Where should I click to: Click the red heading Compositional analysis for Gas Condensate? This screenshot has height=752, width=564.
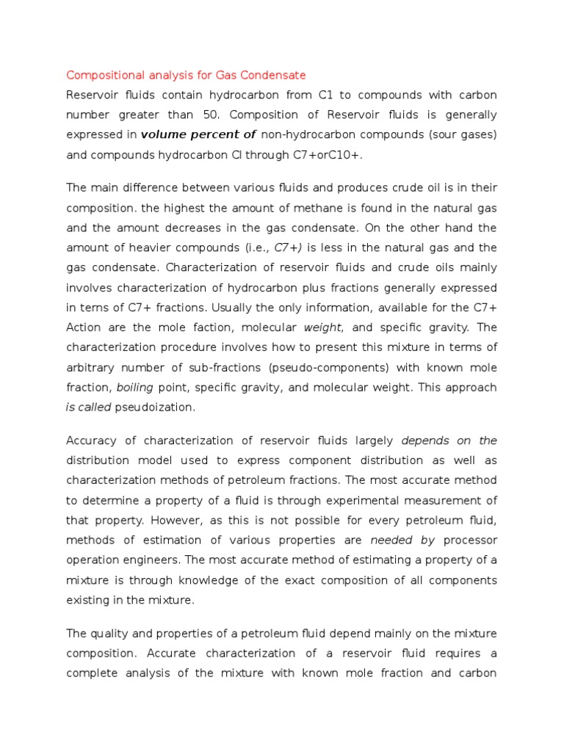click(186, 75)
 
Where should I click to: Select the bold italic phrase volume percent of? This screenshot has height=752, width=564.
click(198, 134)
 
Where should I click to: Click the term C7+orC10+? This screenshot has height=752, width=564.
click(319, 154)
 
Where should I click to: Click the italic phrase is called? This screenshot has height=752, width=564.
click(89, 406)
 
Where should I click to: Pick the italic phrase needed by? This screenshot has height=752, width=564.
click(402, 540)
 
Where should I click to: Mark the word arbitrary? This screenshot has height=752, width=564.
click(93, 366)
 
